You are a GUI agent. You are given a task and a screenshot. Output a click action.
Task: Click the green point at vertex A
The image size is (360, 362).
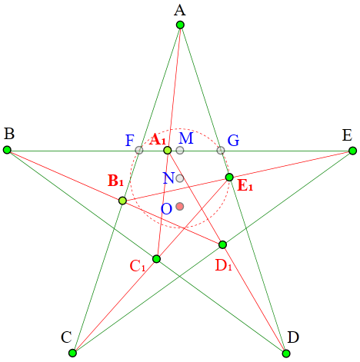[180, 25]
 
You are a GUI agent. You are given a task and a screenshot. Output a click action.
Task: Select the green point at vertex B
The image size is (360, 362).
[7, 150]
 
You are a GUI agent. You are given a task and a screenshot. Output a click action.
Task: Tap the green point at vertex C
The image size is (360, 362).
[72, 353]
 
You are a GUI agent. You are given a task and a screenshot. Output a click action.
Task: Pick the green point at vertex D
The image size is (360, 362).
[286, 354]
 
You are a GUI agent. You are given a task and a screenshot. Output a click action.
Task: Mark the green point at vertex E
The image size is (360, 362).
[353, 151]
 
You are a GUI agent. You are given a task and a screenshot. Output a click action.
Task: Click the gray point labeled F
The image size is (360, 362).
[139, 150]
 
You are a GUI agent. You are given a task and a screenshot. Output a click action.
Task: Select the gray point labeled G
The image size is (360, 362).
[221, 151]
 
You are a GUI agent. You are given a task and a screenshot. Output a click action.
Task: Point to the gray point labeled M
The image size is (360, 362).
[180, 150]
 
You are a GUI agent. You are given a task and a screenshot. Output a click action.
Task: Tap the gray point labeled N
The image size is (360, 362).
[180, 178]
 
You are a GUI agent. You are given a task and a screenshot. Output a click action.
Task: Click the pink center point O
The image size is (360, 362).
[180, 206]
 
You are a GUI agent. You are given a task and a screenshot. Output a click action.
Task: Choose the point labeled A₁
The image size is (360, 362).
[168, 150]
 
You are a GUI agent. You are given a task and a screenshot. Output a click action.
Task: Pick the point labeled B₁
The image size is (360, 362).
[123, 201]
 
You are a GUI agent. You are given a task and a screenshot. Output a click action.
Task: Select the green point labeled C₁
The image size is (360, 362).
[156, 259]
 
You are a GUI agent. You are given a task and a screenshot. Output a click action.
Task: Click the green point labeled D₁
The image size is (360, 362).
[222, 244]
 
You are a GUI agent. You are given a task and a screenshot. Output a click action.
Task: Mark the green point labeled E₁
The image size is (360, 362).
[229, 177]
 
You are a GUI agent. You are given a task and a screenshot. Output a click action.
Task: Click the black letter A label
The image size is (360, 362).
[180, 11]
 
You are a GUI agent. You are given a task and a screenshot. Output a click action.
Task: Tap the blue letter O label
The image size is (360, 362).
[166, 209]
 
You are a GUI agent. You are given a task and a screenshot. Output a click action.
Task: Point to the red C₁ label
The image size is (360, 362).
[138, 266]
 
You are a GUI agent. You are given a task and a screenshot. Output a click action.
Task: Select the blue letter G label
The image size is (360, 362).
[233, 141]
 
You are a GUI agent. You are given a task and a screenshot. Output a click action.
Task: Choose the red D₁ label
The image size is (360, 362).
[223, 266]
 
